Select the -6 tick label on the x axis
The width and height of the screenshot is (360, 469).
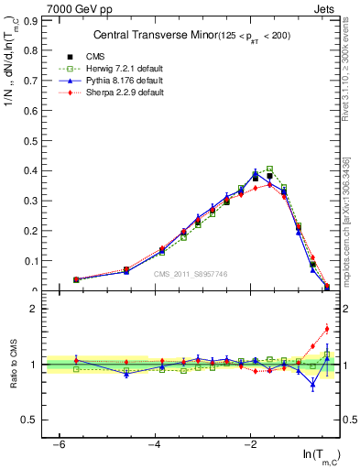click(x=59, y=444)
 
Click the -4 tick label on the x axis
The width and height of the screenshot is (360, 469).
click(x=155, y=444)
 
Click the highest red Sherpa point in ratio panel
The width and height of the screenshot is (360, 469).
click(x=327, y=329)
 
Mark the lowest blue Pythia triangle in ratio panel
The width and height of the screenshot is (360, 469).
click(x=313, y=384)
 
